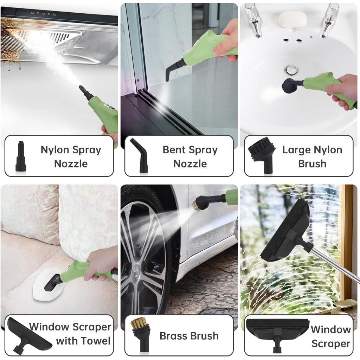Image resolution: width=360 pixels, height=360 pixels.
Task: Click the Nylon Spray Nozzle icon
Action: [21, 156]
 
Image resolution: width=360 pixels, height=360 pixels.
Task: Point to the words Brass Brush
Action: [189, 336]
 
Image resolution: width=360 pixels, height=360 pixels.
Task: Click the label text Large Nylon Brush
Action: [312, 156]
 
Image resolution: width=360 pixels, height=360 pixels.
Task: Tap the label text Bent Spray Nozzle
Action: [190, 156]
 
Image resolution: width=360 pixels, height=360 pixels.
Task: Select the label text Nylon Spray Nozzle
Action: [71, 156]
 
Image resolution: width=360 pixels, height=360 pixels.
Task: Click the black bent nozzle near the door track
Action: [173, 69]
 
